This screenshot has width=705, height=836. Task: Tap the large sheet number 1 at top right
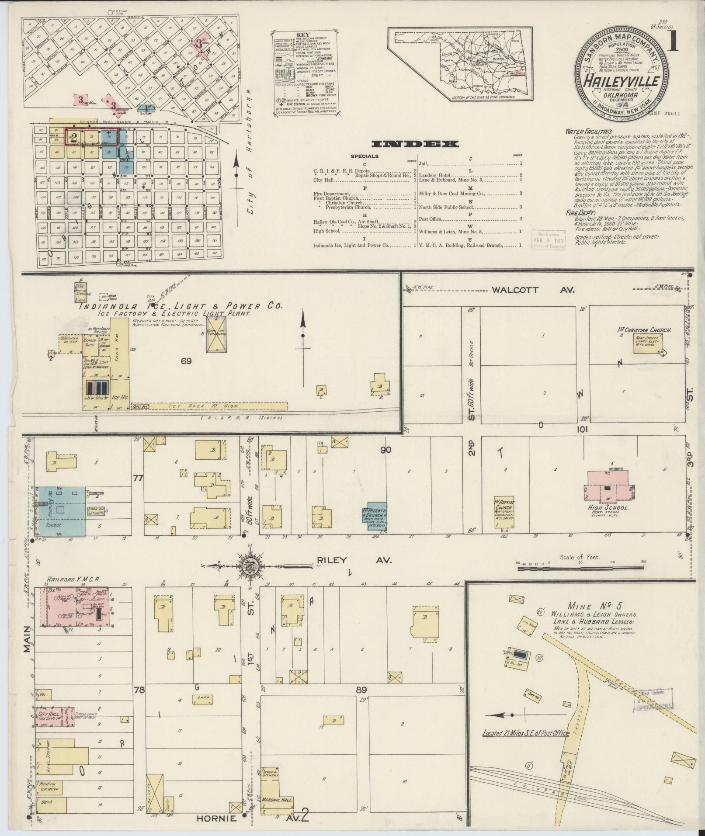(x=672, y=43)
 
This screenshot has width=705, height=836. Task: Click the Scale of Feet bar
(x=580, y=568)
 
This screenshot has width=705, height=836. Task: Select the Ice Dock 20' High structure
(x=210, y=406)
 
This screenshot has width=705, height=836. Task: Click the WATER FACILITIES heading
(x=588, y=131)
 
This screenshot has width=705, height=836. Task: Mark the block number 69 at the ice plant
(x=187, y=361)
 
